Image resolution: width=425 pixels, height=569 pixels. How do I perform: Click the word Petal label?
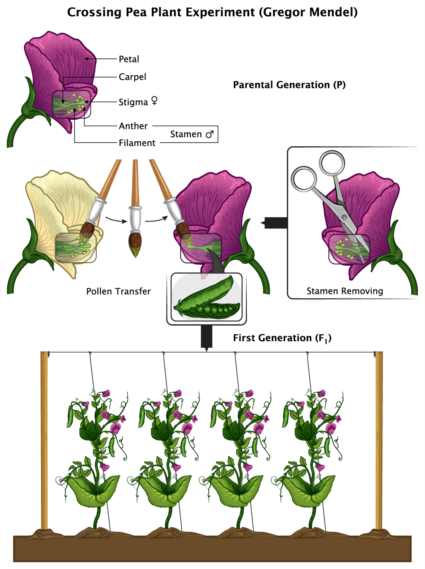[129, 59]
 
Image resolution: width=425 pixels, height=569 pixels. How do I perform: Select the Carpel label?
[132, 77]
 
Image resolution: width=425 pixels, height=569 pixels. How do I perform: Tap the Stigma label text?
[133, 102]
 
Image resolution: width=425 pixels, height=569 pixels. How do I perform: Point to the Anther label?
[133, 126]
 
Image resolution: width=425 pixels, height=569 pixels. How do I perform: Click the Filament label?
[137, 143]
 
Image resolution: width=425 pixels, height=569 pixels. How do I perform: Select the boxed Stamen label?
[186, 134]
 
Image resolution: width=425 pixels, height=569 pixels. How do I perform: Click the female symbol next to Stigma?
[154, 101]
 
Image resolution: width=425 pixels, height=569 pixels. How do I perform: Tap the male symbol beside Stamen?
[209, 134]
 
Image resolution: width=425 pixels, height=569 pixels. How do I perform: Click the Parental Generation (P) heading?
[289, 85]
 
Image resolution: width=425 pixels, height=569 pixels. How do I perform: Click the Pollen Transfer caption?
[118, 291]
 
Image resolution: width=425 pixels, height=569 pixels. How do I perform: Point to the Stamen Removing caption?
[345, 291]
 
